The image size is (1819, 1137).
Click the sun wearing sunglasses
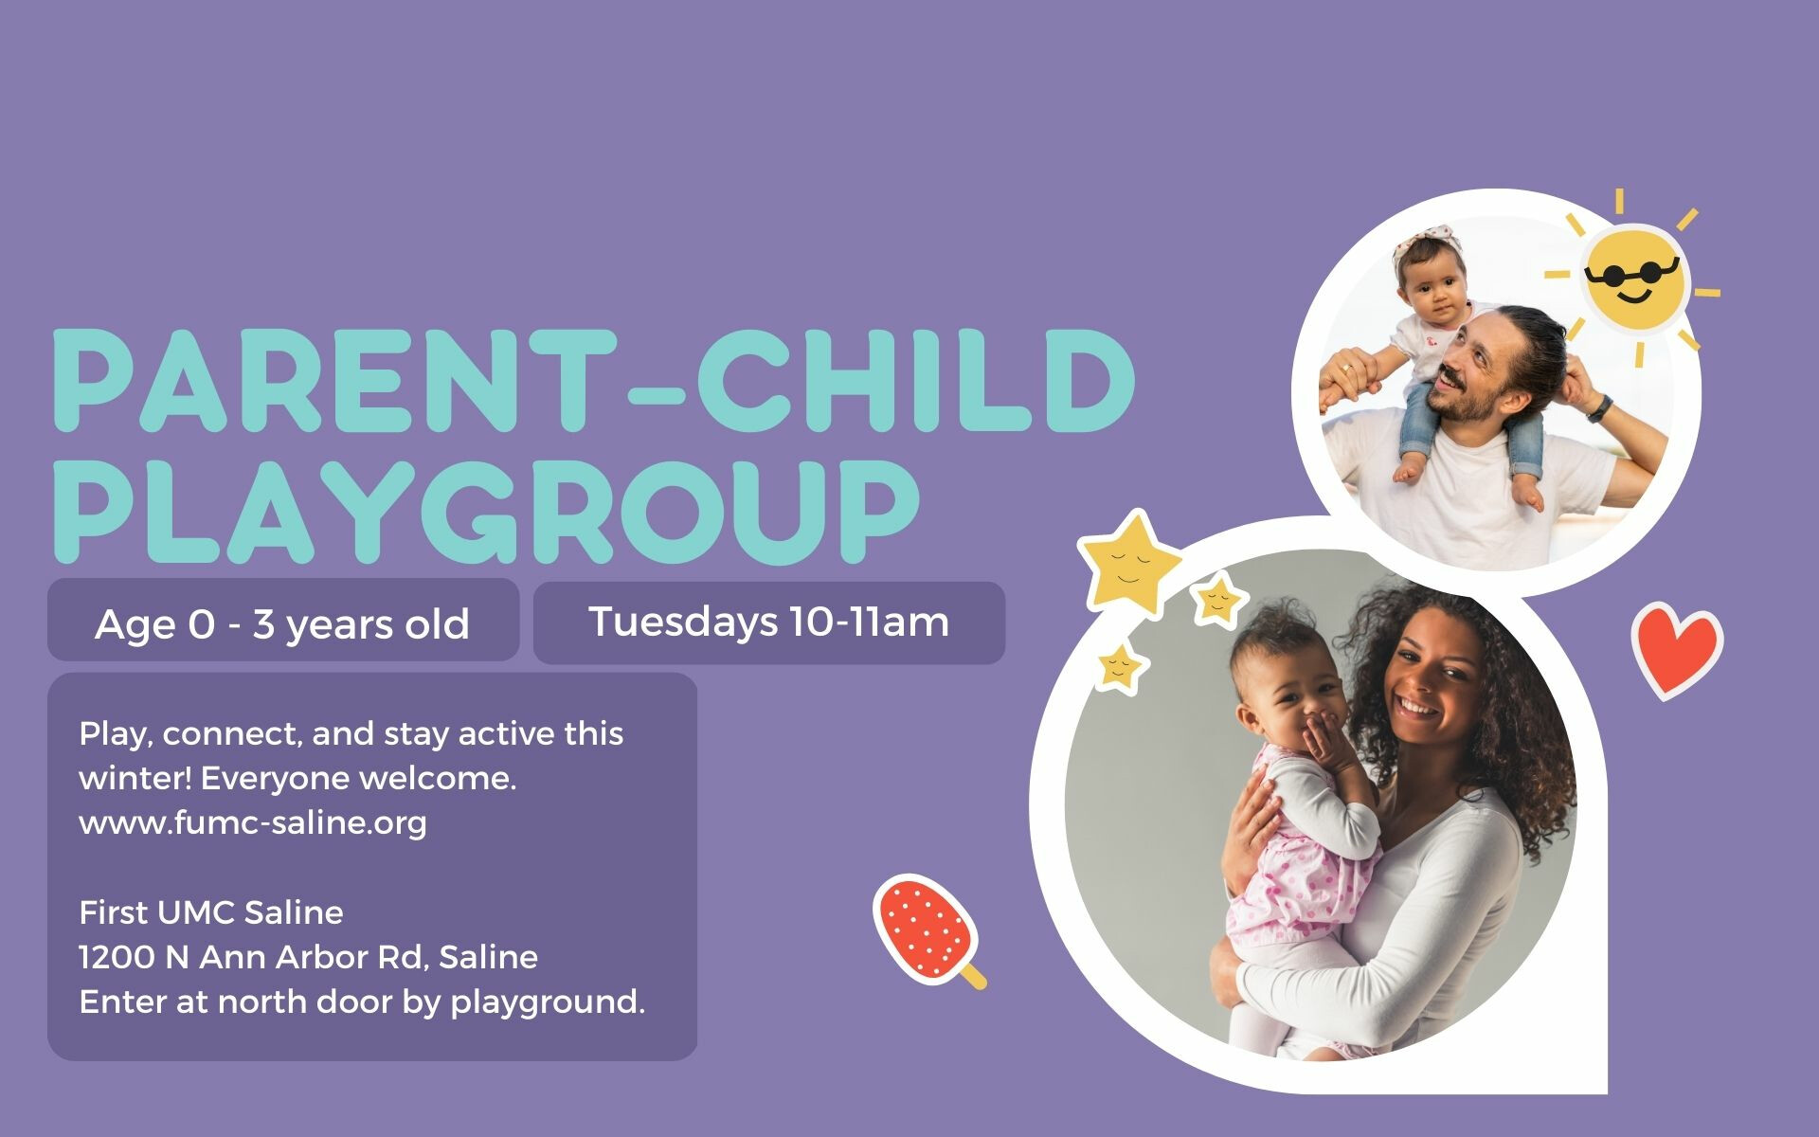(1634, 278)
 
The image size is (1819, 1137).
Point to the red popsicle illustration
(926, 929)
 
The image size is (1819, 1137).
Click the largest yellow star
(1129, 563)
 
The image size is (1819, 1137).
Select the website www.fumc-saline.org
(253, 822)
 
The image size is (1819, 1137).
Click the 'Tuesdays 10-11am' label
(768, 623)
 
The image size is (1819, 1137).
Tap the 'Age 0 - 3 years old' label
(282, 624)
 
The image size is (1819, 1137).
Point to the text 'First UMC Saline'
(211, 912)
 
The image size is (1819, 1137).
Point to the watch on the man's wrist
(1600, 407)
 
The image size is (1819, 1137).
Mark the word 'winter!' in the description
(135, 778)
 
